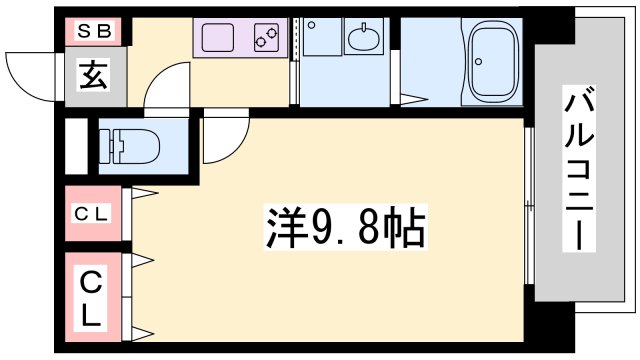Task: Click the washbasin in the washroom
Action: (x=362, y=39)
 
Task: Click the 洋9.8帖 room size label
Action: (x=345, y=229)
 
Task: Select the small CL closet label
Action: (x=93, y=213)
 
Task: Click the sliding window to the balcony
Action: (x=527, y=205)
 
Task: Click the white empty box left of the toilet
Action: (x=76, y=147)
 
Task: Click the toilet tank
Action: (x=107, y=146)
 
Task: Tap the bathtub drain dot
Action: (x=479, y=61)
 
